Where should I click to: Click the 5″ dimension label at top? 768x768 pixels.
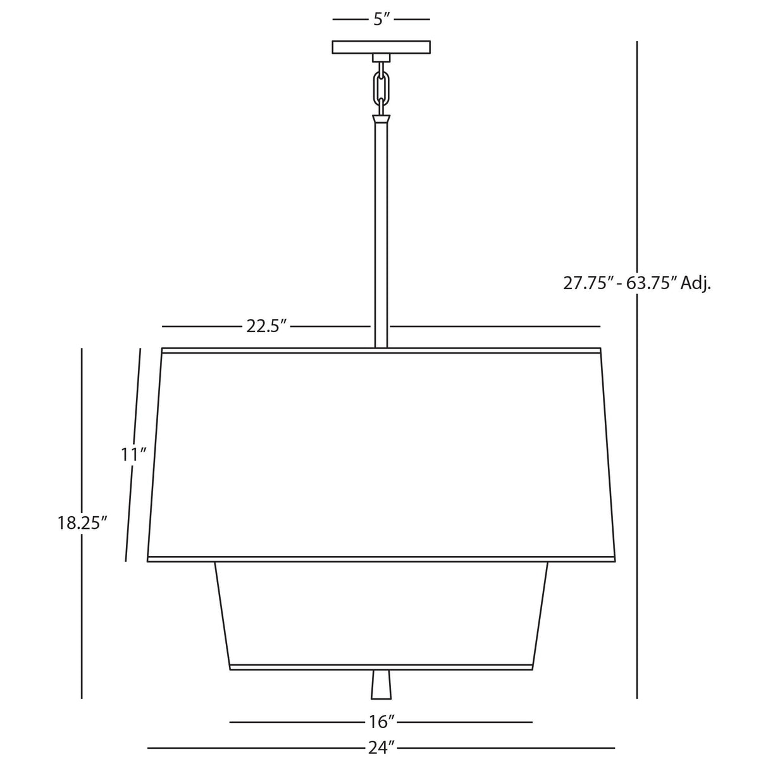pyautogui.click(x=381, y=20)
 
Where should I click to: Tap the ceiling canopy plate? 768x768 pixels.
pyautogui.click(x=381, y=47)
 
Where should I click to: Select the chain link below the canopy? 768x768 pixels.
pyautogui.click(x=381, y=87)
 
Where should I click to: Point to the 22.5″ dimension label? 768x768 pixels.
pyautogui.click(x=266, y=326)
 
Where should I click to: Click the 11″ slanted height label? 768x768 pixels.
pyautogui.click(x=134, y=454)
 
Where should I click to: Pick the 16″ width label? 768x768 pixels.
pyautogui.click(x=382, y=721)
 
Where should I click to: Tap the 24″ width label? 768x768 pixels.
pyautogui.click(x=381, y=748)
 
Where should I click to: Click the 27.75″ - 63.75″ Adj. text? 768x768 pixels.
pyautogui.click(x=636, y=283)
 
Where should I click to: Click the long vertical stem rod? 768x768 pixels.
pyautogui.click(x=381, y=234)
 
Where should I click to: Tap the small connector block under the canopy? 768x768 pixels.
pyautogui.click(x=381, y=58)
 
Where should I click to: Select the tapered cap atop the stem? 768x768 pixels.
pyautogui.click(x=381, y=118)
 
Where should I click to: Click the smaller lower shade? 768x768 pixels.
pyautogui.click(x=381, y=612)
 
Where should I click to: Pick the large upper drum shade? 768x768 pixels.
pyautogui.click(x=381, y=454)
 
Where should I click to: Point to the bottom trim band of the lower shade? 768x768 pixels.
pyautogui.click(x=381, y=667)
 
